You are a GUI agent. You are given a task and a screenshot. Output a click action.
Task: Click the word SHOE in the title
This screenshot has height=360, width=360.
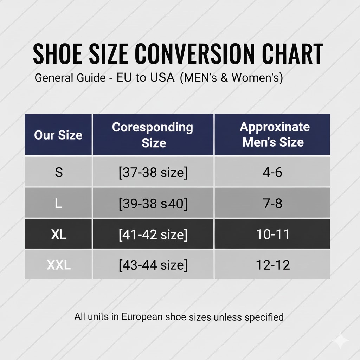pos(58,54)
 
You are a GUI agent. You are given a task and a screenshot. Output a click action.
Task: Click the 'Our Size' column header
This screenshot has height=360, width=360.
pos(58,135)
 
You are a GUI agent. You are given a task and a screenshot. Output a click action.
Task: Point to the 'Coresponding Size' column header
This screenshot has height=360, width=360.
pos(153,135)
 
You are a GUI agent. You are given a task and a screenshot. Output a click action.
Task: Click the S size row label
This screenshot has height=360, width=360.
pos(59,172)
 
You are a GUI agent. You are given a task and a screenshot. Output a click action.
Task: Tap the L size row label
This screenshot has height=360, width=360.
pos(58,203)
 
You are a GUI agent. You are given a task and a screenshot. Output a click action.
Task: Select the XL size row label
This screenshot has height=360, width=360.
pos(59,234)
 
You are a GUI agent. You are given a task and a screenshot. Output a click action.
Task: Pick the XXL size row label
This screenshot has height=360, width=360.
pos(59,265)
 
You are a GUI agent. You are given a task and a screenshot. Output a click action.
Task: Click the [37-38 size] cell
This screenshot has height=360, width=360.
pos(153,172)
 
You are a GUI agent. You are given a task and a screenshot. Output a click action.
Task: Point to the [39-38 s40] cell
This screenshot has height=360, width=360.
pos(153,204)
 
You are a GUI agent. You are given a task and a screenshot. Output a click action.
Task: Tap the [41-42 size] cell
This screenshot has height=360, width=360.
pos(153,234)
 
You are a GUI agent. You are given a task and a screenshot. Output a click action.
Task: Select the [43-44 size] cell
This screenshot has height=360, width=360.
pos(153,265)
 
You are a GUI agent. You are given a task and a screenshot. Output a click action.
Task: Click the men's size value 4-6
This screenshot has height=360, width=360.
pos(272,172)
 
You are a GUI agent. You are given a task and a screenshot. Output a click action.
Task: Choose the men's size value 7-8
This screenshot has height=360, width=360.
pos(272,203)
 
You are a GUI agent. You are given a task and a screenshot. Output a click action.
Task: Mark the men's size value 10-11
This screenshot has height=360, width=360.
pos(272,234)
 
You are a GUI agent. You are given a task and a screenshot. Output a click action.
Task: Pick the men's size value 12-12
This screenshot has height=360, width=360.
pos(273,265)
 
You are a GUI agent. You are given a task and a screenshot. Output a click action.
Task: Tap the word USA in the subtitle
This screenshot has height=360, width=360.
pos(162,78)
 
